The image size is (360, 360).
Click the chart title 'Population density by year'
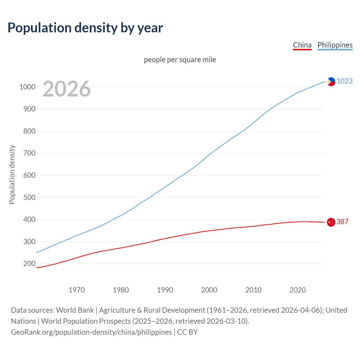tap(85, 28)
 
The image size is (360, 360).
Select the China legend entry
tap(302, 45)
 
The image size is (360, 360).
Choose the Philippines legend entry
tap(335, 45)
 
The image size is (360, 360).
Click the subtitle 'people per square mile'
tap(180, 60)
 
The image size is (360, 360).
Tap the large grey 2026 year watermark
tap(67, 89)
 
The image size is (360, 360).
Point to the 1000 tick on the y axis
tap(27, 87)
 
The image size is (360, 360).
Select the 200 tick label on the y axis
tap(29, 264)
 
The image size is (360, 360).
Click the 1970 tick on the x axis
tap(76, 290)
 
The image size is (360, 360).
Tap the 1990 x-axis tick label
tap(165, 290)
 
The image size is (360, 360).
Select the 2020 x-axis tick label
tap(298, 290)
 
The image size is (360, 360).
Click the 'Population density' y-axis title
tap(12, 174)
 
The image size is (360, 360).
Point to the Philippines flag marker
tap(331, 82)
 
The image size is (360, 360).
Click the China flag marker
tap(331, 222)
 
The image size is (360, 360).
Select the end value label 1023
tap(345, 81)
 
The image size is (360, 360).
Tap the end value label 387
tap(342, 222)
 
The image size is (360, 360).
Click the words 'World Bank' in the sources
tap(75, 310)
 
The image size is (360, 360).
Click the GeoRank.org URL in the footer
tap(91, 332)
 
